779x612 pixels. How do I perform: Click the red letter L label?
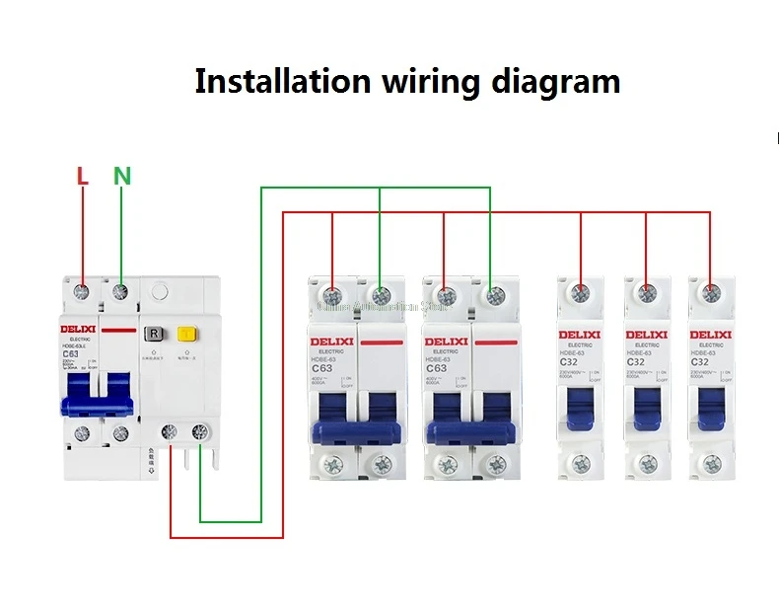(x=83, y=177)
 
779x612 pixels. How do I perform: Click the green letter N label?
(x=121, y=177)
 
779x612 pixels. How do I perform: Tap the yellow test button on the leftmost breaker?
(x=184, y=334)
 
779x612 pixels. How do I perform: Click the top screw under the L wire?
(x=84, y=292)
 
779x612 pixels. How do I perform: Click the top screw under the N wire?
(x=120, y=292)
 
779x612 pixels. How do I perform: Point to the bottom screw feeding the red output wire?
(x=171, y=431)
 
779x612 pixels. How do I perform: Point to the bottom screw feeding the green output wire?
(x=200, y=431)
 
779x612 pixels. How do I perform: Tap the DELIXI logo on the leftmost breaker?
(x=83, y=329)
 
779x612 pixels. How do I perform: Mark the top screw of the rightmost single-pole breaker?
(x=709, y=293)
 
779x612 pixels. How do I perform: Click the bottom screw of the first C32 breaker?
(x=581, y=461)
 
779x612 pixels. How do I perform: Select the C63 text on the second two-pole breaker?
(x=436, y=368)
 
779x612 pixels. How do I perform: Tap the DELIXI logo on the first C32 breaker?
(x=580, y=335)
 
